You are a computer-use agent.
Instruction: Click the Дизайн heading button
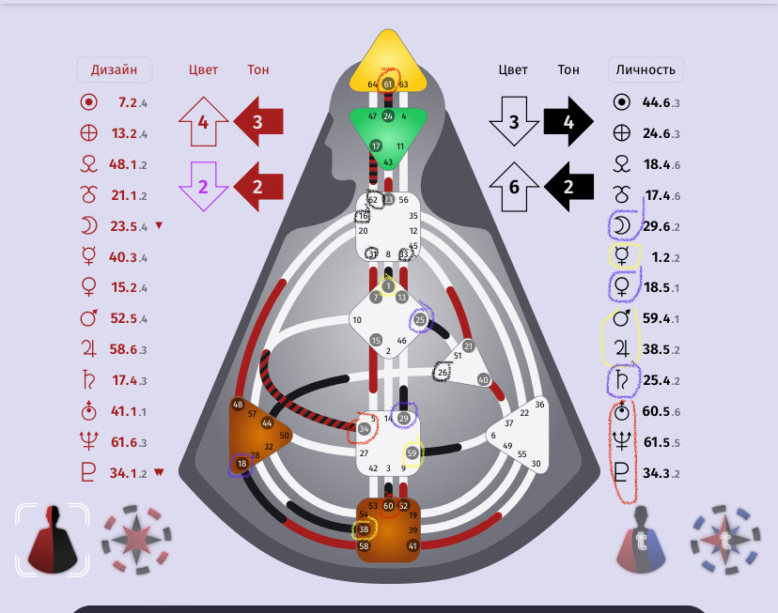(114, 69)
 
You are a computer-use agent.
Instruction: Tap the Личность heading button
(646, 69)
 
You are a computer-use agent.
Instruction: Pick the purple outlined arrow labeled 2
(203, 186)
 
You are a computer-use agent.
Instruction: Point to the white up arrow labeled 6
(514, 186)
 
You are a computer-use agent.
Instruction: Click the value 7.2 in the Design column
(129, 101)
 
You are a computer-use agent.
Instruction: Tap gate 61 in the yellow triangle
(387, 84)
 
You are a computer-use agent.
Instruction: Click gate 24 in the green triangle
(387, 116)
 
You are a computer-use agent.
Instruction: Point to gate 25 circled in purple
(420, 320)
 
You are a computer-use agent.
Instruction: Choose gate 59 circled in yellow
(412, 452)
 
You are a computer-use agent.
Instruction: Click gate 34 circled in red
(365, 428)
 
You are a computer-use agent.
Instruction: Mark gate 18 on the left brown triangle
(242, 463)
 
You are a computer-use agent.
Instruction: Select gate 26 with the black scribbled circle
(443, 373)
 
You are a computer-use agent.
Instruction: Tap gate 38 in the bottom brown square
(364, 529)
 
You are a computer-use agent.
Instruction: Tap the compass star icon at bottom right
(725, 540)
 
